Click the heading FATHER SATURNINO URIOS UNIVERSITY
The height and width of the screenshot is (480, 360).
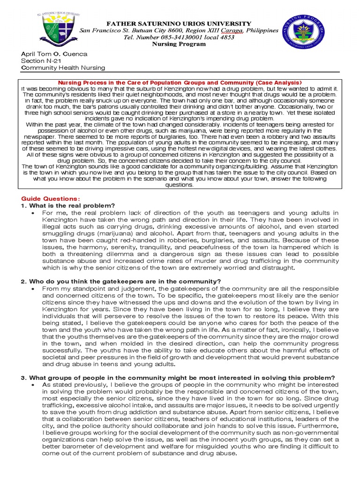pos(179,23)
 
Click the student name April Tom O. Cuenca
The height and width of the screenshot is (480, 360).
pos(55,54)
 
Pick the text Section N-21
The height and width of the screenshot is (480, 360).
pos(43,61)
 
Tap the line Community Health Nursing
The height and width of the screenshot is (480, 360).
pos(63,68)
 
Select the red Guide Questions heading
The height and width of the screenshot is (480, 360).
pos(51,198)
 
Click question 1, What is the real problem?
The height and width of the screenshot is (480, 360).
pos(71,205)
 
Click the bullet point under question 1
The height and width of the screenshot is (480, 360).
pos(33,213)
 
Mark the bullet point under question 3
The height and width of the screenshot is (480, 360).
pos(33,385)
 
